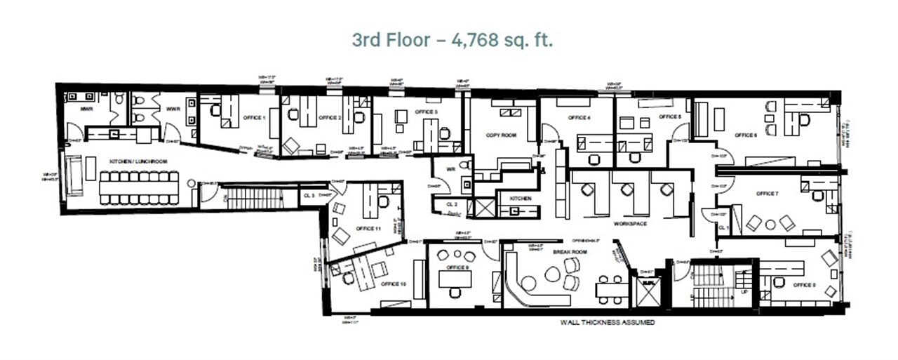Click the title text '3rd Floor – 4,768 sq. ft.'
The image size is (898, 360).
pyautogui.click(x=453, y=40)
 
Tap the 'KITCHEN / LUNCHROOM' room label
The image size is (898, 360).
pyautogui.click(x=138, y=161)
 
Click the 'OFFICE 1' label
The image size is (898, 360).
pyautogui.click(x=254, y=117)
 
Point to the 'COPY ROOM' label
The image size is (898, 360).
pyautogui.click(x=501, y=135)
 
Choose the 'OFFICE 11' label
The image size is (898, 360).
pyautogui.click(x=368, y=229)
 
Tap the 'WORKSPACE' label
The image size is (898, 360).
pyautogui.click(x=629, y=223)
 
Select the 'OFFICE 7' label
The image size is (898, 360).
pyautogui.click(x=766, y=194)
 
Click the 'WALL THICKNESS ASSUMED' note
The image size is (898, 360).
pyautogui.click(x=607, y=323)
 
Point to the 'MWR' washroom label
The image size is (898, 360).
pyautogui.click(x=87, y=109)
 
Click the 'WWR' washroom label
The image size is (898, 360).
pyautogui.click(x=173, y=109)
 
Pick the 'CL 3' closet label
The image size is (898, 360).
pyautogui.click(x=309, y=195)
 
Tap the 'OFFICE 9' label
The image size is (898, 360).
pyautogui.click(x=457, y=267)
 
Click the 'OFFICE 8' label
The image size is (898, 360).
pyautogui.click(x=803, y=286)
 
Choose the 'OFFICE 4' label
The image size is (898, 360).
pyautogui.click(x=578, y=117)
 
